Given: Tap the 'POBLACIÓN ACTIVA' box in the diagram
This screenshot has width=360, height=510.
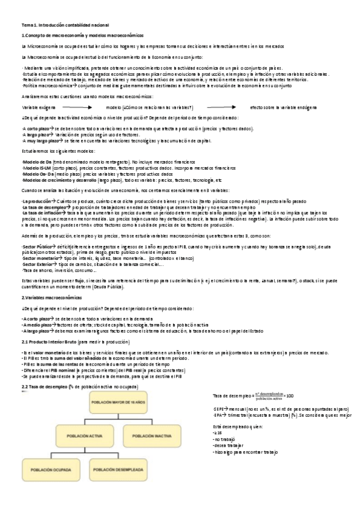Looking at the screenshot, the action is pos(78,434).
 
